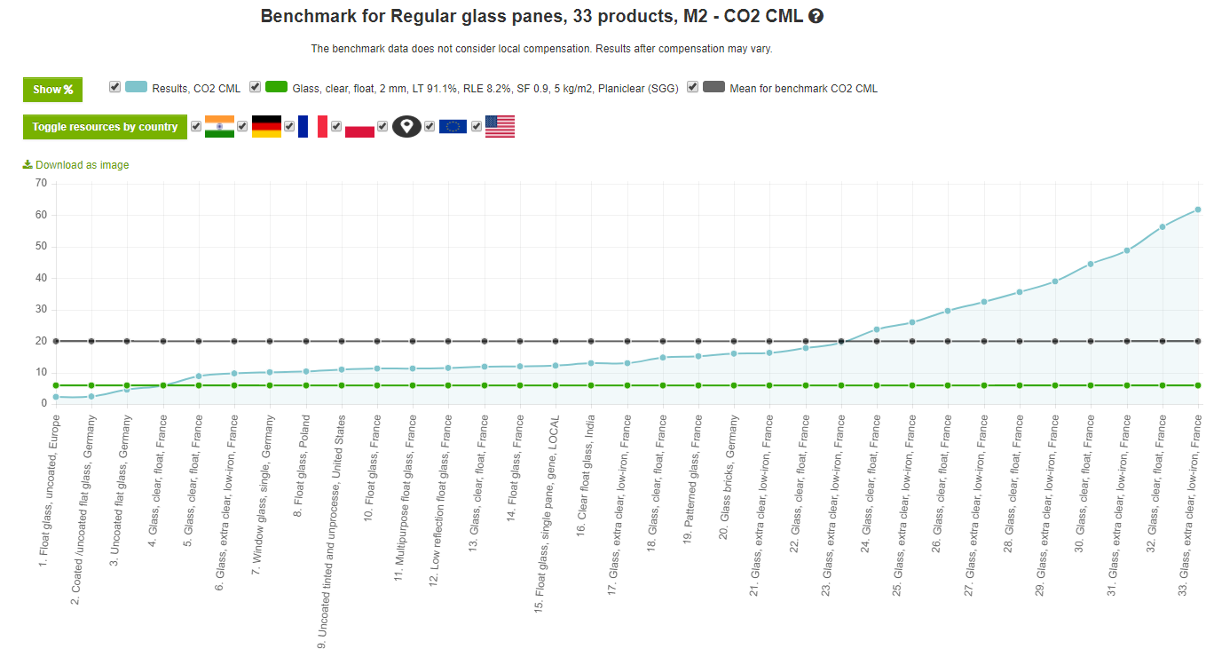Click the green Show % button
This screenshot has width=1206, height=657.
pyautogui.click(x=52, y=90)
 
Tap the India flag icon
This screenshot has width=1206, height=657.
pyautogui.click(x=220, y=127)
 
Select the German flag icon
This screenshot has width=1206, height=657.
pyautogui.click(x=266, y=127)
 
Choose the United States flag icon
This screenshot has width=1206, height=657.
pyautogui.click(x=500, y=127)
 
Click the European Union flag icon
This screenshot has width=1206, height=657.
pyautogui.click(x=453, y=127)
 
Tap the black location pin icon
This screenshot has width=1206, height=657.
pyautogui.click(x=406, y=127)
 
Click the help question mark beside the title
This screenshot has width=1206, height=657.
pyautogui.click(x=816, y=16)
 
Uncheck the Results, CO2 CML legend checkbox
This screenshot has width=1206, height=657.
pyautogui.click(x=114, y=87)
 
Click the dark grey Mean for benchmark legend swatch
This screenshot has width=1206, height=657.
pyautogui.click(x=713, y=87)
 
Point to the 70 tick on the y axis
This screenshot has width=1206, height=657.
pyautogui.click(x=42, y=183)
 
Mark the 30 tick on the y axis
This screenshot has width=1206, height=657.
pyautogui.click(x=42, y=310)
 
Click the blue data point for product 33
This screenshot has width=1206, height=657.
pyautogui.click(x=1198, y=210)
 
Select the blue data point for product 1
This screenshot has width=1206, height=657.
pyautogui.click(x=56, y=397)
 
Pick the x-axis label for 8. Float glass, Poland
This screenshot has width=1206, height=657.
pyautogui.click(x=301, y=466)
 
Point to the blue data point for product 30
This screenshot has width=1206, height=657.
pyautogui.click(x=1091, y=264)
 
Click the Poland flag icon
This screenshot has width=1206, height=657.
pyautogui.click(x=359, y=127)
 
